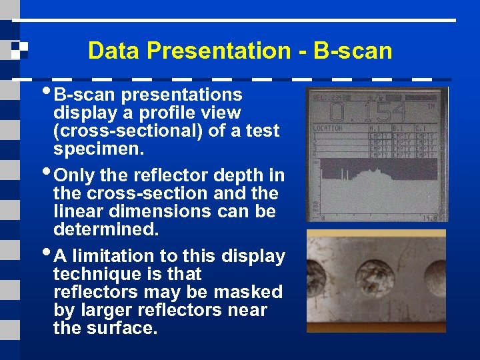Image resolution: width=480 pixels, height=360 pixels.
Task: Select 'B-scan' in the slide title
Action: coord(353,51)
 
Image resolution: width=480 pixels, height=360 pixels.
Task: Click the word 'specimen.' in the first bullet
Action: coord(99,149)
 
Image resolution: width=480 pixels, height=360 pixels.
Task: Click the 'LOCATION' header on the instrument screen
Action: coord(327,128)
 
